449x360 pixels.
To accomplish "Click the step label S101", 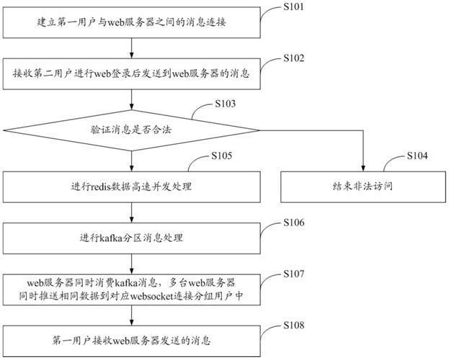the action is tap(293, 6).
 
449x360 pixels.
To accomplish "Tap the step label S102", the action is tap(294, 58).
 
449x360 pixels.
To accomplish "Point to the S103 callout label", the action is tap(226, 104).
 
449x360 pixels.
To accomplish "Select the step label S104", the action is tap(417, 156).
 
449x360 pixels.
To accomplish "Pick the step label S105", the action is tap(222, 156).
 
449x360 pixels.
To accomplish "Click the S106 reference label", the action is tap(294, 222).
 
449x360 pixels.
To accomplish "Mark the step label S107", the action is tap(294, 274).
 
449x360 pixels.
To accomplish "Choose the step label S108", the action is tap(294, 325).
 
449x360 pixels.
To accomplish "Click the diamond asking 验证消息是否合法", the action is tap(131, 130).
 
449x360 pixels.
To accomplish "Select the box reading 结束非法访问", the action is tap(363, 187).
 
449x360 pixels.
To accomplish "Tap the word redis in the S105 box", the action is tap(101, 187).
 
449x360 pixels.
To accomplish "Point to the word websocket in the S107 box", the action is tap(152, 296).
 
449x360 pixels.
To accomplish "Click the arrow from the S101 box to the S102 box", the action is tap(131, 48).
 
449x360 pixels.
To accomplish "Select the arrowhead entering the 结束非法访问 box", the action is tap(363, 168).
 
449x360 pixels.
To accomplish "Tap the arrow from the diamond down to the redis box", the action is tap(131, 161).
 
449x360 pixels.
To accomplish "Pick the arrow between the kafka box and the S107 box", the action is tap(131, 264).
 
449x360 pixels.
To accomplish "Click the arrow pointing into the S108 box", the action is tap(131, 315).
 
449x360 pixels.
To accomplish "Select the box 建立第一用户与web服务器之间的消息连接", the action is tap(131, 22).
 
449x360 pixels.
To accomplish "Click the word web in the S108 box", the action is tap(121, 341).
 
